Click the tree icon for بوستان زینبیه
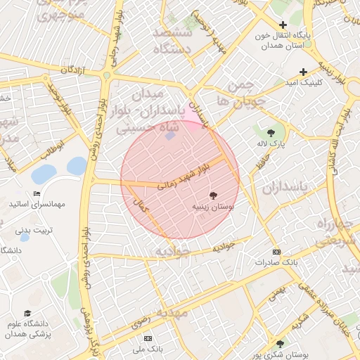213,195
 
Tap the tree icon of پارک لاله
271,132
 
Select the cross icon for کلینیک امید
303,72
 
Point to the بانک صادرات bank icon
276,252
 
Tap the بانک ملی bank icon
148,338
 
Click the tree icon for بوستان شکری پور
281,344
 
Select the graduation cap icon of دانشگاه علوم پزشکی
27,313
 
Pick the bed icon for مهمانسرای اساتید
37,194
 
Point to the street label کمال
141,205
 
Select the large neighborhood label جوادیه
172,252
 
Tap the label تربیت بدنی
34,230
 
